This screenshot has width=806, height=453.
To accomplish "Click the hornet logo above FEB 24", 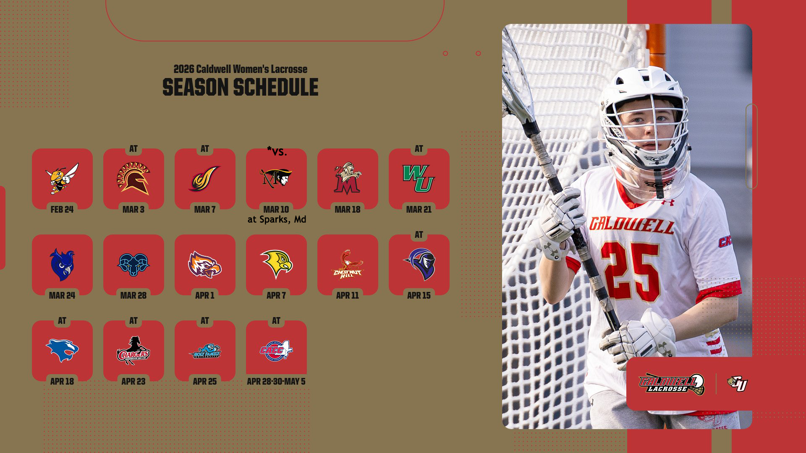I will click(62, 178).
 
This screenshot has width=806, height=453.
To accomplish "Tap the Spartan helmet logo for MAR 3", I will click(133, 178).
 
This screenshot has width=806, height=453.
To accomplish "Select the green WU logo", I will click(419, 178).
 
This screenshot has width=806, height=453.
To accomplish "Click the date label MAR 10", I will click(276, 209).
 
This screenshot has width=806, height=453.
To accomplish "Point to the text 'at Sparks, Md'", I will click(277, 219).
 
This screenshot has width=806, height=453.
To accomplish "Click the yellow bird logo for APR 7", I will click(276, 264).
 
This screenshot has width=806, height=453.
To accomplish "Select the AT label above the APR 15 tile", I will click(419, 235).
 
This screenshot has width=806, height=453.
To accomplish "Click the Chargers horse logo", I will click(133, 350).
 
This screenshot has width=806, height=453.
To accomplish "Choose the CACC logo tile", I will click(276, 350).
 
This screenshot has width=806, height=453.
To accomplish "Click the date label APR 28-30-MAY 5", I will click(276, 381).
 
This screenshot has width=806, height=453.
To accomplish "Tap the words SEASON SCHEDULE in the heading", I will click(240, 87).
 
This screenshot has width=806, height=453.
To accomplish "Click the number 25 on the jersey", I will click(630, 271).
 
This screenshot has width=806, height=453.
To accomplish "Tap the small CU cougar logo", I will click(738, 383).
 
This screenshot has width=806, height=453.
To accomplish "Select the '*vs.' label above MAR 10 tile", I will click(277, 151).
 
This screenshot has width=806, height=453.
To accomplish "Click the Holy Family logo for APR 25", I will click(205, 351).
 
